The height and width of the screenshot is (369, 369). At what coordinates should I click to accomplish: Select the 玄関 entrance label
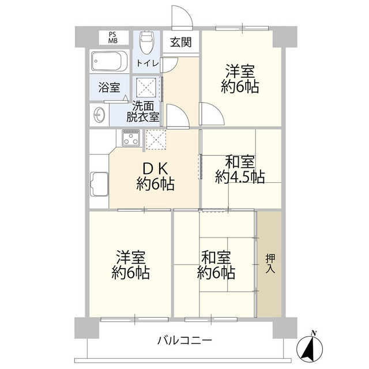click(180, 43)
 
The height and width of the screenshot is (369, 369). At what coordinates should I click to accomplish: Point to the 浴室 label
click(109, 88)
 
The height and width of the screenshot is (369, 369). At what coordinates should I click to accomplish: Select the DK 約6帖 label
click(155, 177)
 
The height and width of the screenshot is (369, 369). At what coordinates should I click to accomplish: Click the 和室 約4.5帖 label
click(240, 170)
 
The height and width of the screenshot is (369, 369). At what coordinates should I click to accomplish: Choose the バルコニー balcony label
click(184, 340)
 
